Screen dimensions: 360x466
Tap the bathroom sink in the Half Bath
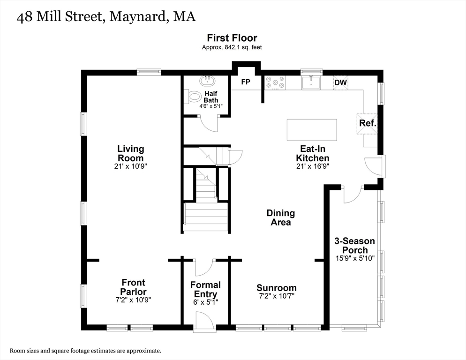(x=206, y=81)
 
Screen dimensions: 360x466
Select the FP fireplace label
(x=245, y=82)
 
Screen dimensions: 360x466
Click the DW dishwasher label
(x=340, y=83)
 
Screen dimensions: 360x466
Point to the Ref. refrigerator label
(x=368, y=123)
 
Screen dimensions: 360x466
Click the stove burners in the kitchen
(x=275, y=83)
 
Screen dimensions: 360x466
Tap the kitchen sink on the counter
(x=311, y=82)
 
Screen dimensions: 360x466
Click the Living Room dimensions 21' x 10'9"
(x=130, y=166)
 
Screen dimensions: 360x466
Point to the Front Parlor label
(x=133, y=287)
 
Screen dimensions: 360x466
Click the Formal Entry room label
(x=205, y=289)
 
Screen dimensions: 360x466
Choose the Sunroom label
(x=276, y=288)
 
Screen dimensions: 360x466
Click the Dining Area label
(x=281, y=217)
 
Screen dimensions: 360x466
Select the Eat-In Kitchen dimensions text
(x=312, y=166)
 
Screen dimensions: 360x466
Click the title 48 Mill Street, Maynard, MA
(x=106, y=17)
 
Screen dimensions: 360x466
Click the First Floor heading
(x=233, y=37)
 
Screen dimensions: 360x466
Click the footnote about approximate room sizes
(x=85, y=350)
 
